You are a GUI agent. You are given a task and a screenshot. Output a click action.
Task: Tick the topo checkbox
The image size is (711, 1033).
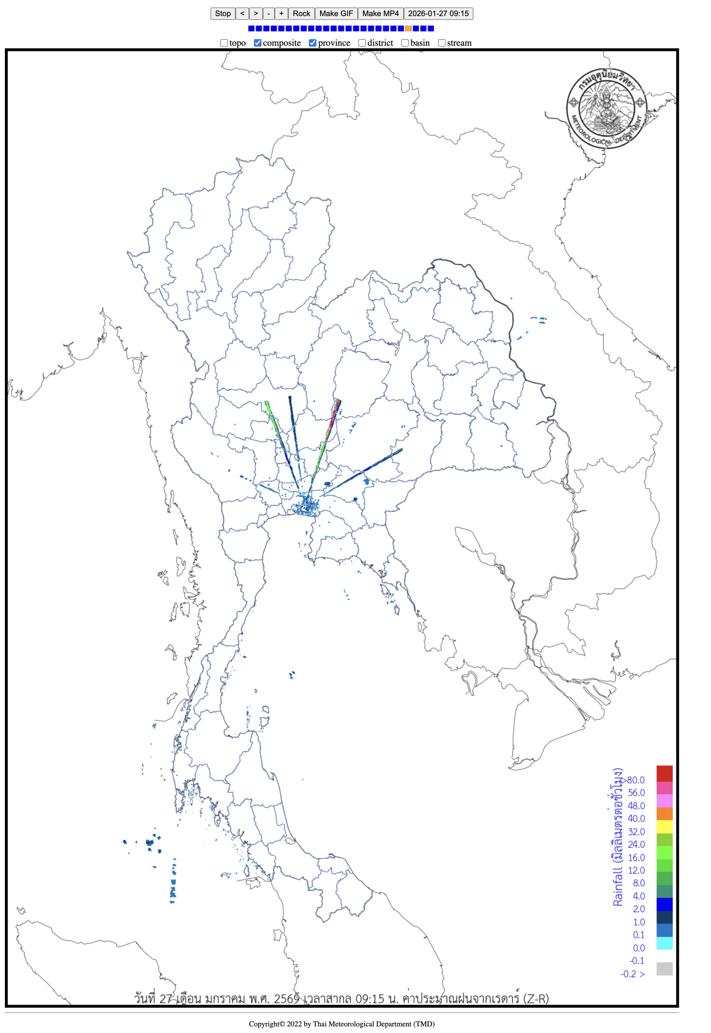tap(224, 43)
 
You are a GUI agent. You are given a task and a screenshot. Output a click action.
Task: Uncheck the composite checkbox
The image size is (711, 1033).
tap(257, 43)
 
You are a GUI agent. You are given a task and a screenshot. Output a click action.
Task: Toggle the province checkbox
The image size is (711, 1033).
tap(313, 43)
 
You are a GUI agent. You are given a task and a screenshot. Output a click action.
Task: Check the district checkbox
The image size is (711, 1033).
tap(362, 43)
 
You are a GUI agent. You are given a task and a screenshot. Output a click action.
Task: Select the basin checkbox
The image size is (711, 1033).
tap(405, 43)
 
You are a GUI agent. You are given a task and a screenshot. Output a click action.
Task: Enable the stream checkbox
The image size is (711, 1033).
tap(441, 43)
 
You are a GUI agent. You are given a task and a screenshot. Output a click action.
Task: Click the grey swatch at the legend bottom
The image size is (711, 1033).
tap(664, 968)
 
